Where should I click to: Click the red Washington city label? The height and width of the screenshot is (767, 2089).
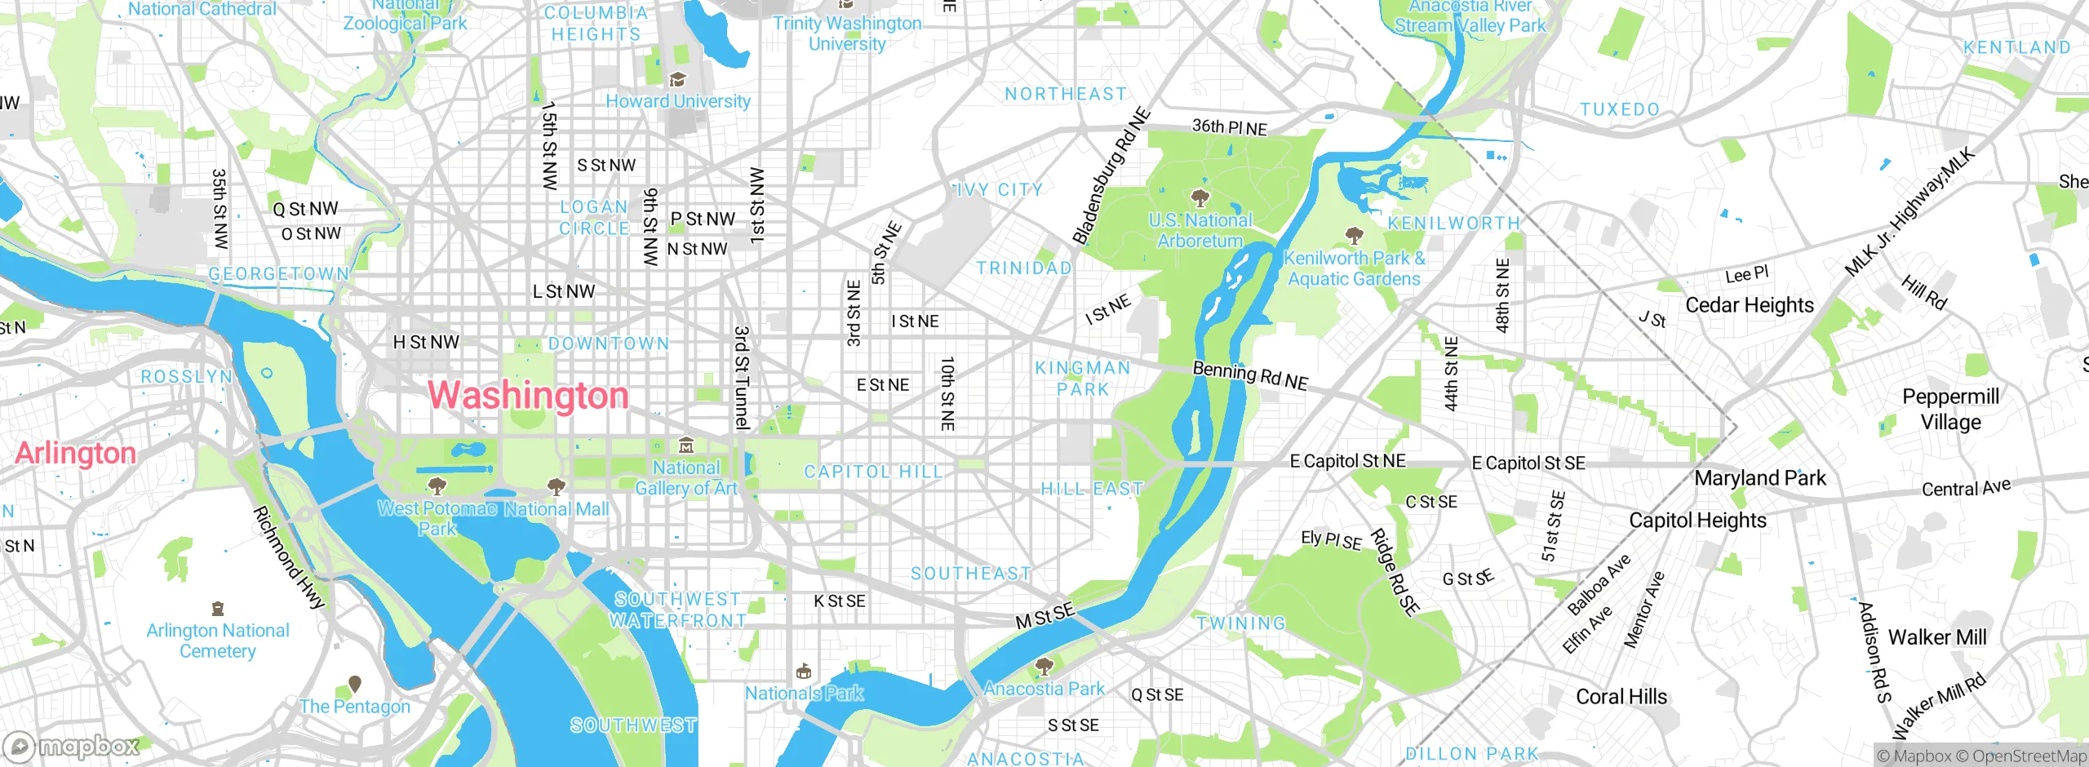click(x=529, y=396)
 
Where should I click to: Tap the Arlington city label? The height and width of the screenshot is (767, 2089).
click(x=76, y=453)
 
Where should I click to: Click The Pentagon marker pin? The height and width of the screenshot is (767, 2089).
click(x=355, y=684)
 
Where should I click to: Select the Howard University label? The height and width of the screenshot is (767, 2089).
click(x=677, y=101)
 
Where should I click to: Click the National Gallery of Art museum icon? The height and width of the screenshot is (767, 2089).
click(x=686, y=446)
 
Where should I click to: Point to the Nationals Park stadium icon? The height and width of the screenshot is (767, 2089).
click(x=804, y=672)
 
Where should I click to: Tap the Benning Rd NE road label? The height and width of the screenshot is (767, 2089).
click(x=1250, y=375)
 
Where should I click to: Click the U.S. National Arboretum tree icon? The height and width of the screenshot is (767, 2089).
click(x=1200, y=198)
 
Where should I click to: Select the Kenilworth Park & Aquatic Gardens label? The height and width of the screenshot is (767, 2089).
click(x=1355, y=268)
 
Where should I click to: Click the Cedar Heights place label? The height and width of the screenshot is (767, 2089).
click(x=1750, y=305)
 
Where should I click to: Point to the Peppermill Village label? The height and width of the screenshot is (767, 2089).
click(x=1950, y=409)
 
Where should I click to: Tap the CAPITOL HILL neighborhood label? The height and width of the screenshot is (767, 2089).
click(x=873, y=472)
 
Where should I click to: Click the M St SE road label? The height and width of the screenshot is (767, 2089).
click(x=1044, y=616)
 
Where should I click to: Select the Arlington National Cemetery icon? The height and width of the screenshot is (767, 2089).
click(x=217, y=609)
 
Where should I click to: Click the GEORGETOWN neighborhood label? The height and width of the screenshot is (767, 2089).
click(x=279, y=274)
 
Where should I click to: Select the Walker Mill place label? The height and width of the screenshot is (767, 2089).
click(x=1937, y=637)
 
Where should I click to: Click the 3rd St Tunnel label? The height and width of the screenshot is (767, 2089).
click(x=741, y=378)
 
